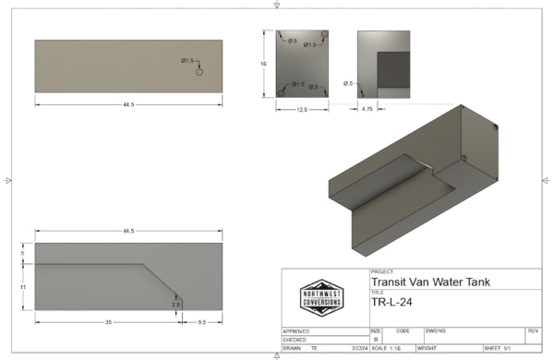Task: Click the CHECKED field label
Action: click(295, 339)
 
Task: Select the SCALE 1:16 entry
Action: click(389, 349)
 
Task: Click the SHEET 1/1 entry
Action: click(499, 349)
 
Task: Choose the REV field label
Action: click(533, 330)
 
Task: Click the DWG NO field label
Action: click(437, 330)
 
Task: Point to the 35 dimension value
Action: click(108, 321)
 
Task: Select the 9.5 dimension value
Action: click(201, 321)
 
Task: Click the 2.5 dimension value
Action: click(175, 303)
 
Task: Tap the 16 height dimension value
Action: click(264, 64)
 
